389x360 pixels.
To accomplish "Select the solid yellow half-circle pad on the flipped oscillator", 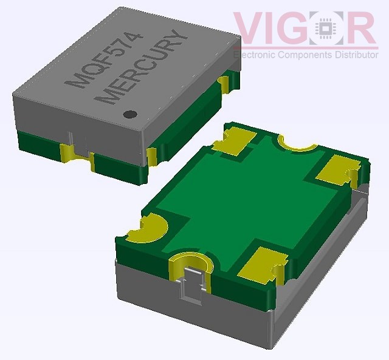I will (x=149, y=230).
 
